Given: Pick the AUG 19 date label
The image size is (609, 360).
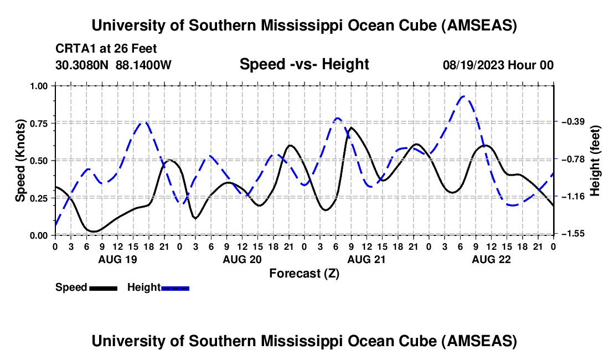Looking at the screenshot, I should pos(117,259).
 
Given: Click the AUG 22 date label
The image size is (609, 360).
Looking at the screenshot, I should pos(491,259).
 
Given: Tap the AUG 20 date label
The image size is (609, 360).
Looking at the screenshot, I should pos(242,259).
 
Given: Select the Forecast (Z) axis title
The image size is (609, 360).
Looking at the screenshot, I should pos(304,273).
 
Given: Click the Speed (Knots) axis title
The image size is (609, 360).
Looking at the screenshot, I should pos(20,160).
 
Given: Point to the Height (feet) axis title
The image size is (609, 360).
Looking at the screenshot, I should pos(595,160).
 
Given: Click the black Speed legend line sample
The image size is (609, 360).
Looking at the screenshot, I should pos(102,287).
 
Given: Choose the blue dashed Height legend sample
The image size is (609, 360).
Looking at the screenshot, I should pos(175,287).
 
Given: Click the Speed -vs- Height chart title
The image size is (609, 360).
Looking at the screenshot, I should pos(304,64).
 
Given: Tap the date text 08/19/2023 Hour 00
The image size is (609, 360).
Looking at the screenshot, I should pos(498,65).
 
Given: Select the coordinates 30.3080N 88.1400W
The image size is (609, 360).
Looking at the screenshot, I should pos(113,65).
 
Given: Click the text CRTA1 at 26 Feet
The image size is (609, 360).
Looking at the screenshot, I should pos(102,48).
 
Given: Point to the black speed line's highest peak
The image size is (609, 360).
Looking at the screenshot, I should pos(351,127).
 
